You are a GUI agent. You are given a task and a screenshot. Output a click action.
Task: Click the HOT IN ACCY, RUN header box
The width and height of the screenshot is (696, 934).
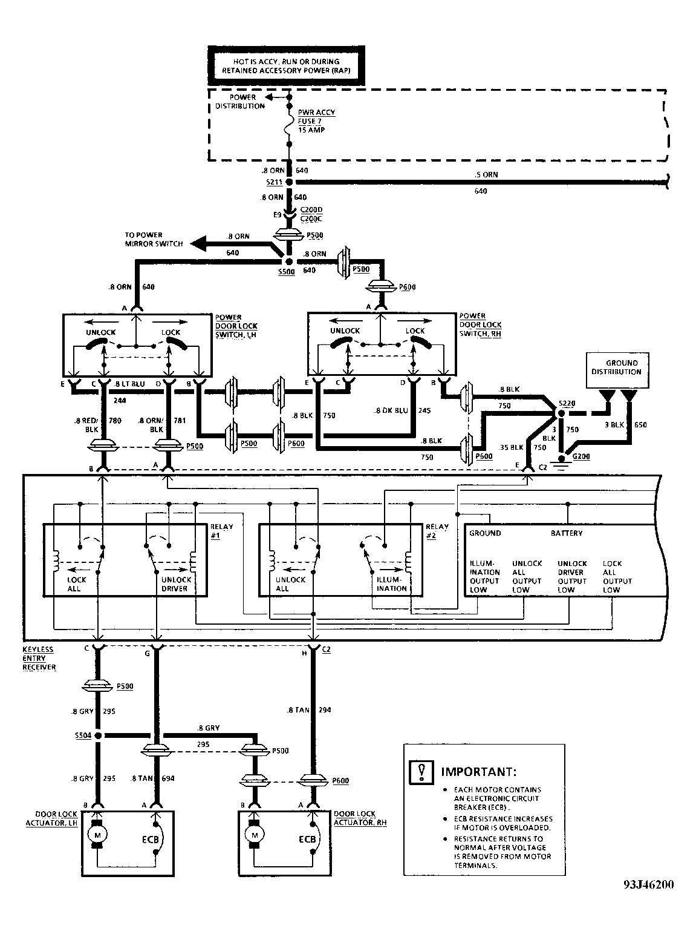click(286, 66)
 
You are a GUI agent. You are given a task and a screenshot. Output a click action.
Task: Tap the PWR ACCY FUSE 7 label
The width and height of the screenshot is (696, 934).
click(316, 121)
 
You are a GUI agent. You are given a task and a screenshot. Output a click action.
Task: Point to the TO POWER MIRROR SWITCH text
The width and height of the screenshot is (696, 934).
click(144, 240)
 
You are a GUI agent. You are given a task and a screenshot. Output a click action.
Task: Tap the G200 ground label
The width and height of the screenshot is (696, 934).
click(581, 456)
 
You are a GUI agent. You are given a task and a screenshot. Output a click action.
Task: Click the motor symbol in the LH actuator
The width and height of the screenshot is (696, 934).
click(96, 835)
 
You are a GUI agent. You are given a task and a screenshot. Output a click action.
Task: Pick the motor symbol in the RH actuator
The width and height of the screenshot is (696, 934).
click(255, 835)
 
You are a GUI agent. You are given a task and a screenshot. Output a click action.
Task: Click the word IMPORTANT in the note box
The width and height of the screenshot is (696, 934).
click(478, 772)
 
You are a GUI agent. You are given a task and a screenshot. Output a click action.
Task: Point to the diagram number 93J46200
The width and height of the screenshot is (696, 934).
click(648, 884)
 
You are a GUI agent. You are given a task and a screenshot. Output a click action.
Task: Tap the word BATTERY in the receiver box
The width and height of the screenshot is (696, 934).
click(566, 533)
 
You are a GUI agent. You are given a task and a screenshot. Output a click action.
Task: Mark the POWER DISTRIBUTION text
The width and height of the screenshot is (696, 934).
click(240, 102)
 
